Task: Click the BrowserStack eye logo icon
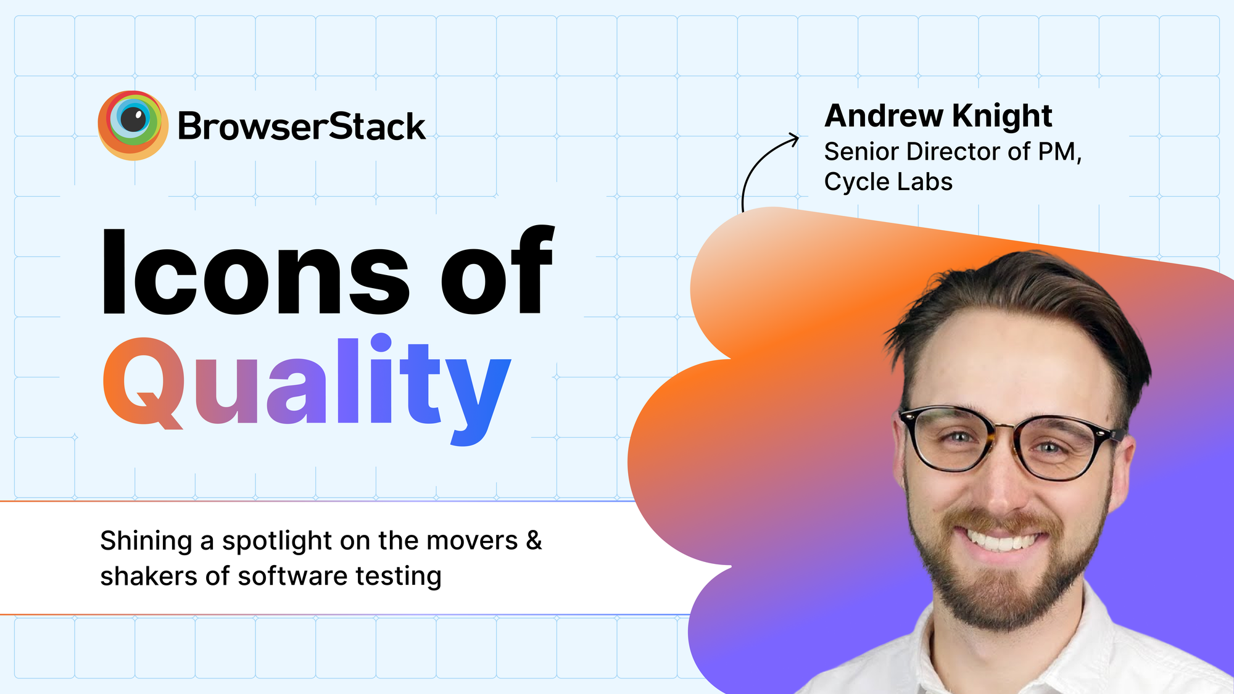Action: coord(133,125)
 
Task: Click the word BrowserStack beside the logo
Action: coord(302,126)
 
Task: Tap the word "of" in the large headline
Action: coord(497,270)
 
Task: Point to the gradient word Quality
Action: coord(307,389)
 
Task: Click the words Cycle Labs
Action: coord(888,181)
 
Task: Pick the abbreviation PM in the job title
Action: coord(1059,152)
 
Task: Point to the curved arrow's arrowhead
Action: coord(792,139)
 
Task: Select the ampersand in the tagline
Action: coord(534,540)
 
